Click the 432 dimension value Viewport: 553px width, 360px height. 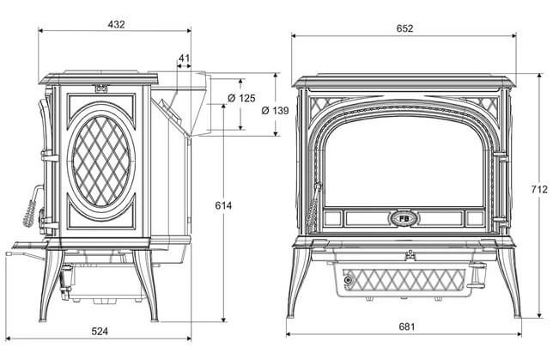pos(117,24)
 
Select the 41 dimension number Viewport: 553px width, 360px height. pos(185,58)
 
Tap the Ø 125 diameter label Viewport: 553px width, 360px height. pos(242,98)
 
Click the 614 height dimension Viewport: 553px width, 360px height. pos(223,205)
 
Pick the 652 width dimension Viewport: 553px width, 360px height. pos(404,28)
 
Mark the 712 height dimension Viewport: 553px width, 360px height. pos(538,189)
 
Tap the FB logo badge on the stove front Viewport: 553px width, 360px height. pos(403,217)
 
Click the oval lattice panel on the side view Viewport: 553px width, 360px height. pos(101,161)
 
